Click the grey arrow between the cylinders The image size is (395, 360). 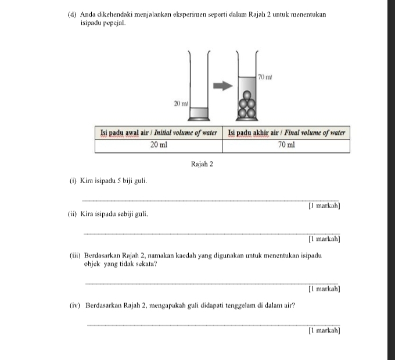tap(222, 86)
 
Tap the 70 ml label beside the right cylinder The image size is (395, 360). tap(265, 77)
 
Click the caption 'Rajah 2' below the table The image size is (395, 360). tap(202, 165)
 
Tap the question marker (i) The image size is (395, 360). tap(73, 181)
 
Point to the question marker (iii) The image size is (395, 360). tap(76, 256)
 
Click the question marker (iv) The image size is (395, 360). tap(76, 305)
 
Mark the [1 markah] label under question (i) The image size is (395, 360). tap(325, 206)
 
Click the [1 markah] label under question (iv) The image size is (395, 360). tap(325, 330)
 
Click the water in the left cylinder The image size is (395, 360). tap(199, 112)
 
